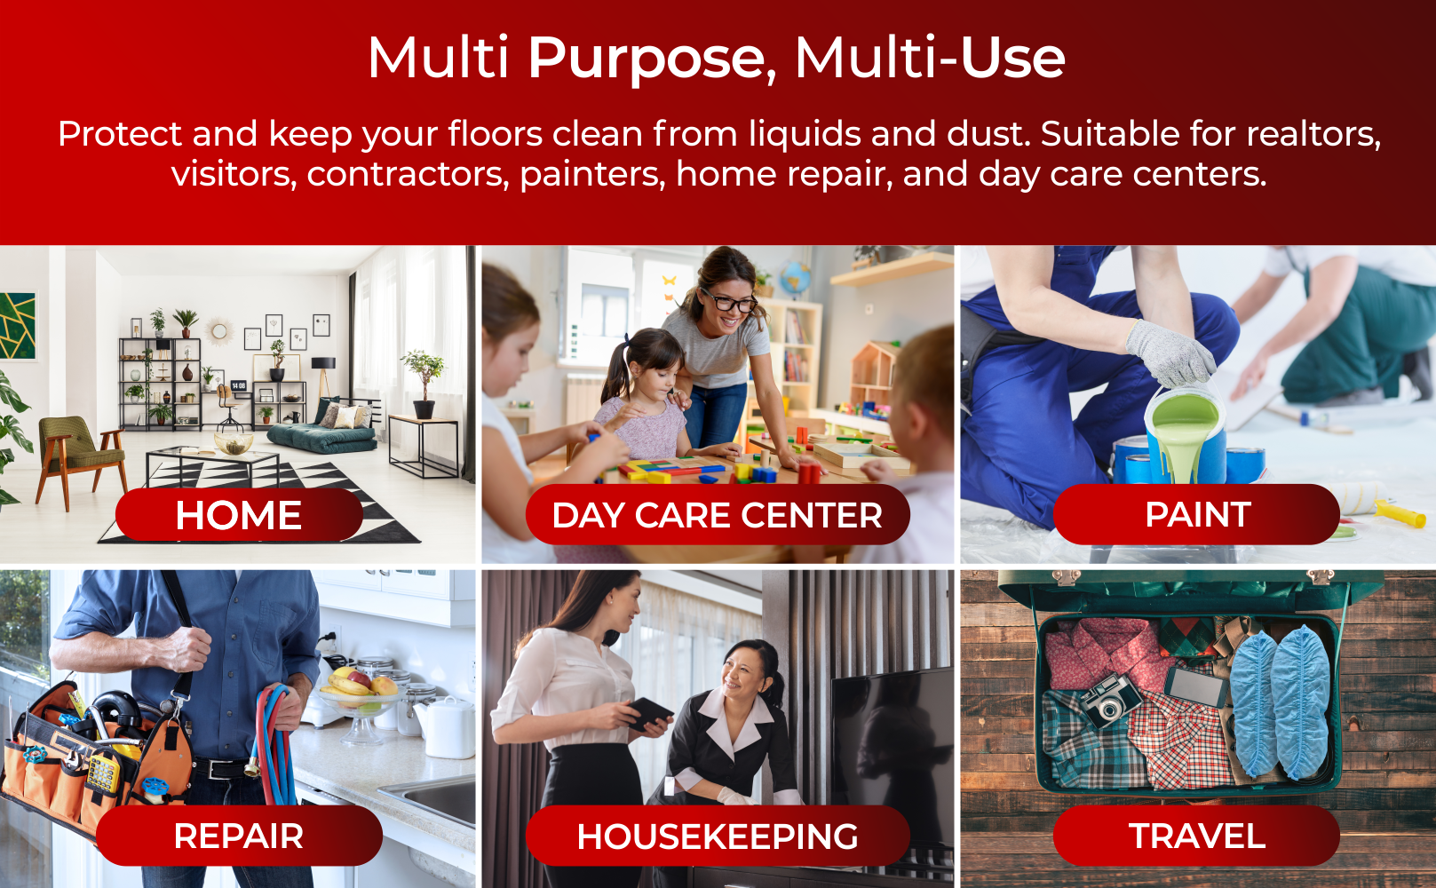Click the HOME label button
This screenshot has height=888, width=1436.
tap(239, 515)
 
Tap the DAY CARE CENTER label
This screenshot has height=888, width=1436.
tap(718, 515)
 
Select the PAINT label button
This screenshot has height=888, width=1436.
tap(1197, 514)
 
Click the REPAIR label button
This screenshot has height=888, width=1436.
tap(239, 836)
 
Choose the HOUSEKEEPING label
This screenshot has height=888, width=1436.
tap(718, 836)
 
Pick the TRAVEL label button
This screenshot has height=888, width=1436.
tap(1197, 836)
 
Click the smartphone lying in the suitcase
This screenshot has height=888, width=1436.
tap(1195, 686)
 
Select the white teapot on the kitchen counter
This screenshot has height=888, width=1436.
tap(445, 726)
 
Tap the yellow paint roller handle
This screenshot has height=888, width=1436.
tap(1400, 513)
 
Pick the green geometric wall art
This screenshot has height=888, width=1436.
tap(17, 326)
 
